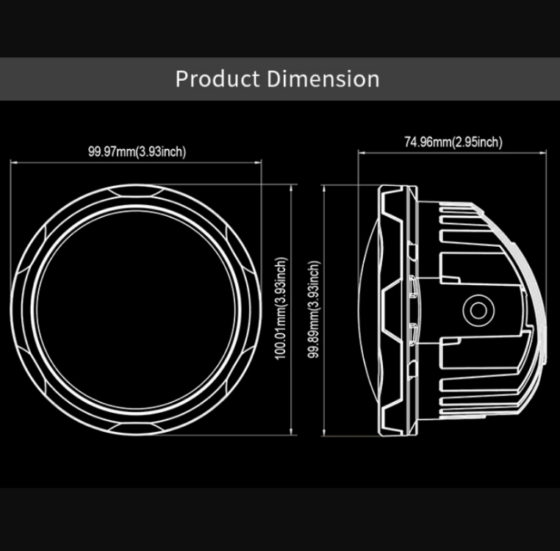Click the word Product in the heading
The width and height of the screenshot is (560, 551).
[x=217, y=79]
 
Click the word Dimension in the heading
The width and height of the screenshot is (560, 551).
[x=323, y=79]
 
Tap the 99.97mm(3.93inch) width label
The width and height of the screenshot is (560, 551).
[x=137, y=152]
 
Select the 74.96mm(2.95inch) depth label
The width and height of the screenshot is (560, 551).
[x=453, y=142]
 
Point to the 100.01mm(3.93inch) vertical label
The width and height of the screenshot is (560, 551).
[x=281, y=308]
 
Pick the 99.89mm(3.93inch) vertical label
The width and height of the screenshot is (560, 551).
[x=314, y=309]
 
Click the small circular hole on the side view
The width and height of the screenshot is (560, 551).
[x=478, y=310]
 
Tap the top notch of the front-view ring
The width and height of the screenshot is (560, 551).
[x=135, y=192]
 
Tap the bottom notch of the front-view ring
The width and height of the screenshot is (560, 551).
[x=135, y=428]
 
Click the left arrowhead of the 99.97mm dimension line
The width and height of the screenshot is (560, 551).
[x=13, y=162]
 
